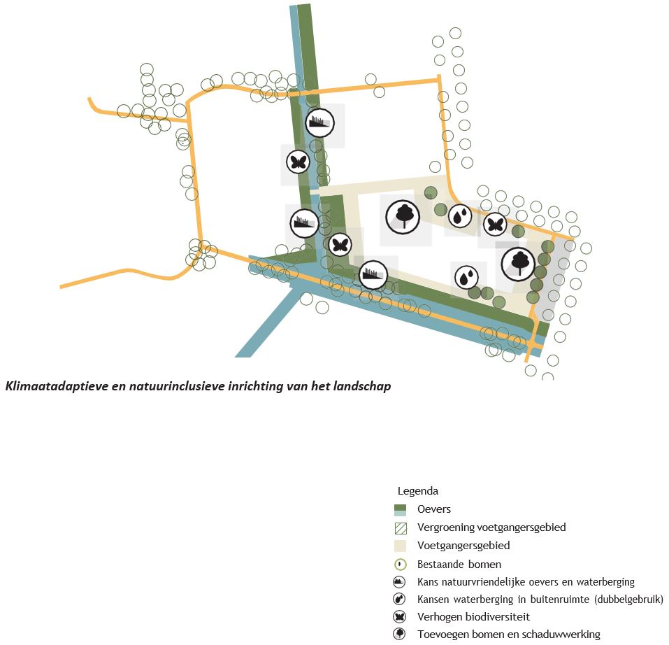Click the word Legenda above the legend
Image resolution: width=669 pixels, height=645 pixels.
click(417, 491)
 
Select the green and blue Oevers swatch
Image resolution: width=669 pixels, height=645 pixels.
click(401, 509)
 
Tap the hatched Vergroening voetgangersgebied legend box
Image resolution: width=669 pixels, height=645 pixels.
click(401, 527)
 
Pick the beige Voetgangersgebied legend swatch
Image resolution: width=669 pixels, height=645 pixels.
click(401, 546)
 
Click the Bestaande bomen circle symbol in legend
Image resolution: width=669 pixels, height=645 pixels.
click(401, 564)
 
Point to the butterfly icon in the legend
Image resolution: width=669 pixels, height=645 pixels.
click(401, 617)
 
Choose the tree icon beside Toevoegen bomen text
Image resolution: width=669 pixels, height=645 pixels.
click(401, 635)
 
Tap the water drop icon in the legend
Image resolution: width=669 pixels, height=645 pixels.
click(401, 600)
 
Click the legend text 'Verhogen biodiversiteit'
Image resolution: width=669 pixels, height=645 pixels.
click(473, 617)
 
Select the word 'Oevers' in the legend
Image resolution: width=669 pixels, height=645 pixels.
click(434, 509)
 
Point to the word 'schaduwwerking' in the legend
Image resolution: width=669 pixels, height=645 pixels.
click(566, 635)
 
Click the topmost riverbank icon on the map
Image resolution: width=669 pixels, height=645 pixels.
click(319, 123)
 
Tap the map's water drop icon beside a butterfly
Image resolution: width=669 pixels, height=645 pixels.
click(459, 217)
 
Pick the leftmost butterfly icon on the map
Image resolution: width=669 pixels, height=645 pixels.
click(298, 162)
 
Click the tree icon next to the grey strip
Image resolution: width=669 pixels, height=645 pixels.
click(518, 262)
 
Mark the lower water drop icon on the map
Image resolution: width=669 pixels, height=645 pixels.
click(466, 277)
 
